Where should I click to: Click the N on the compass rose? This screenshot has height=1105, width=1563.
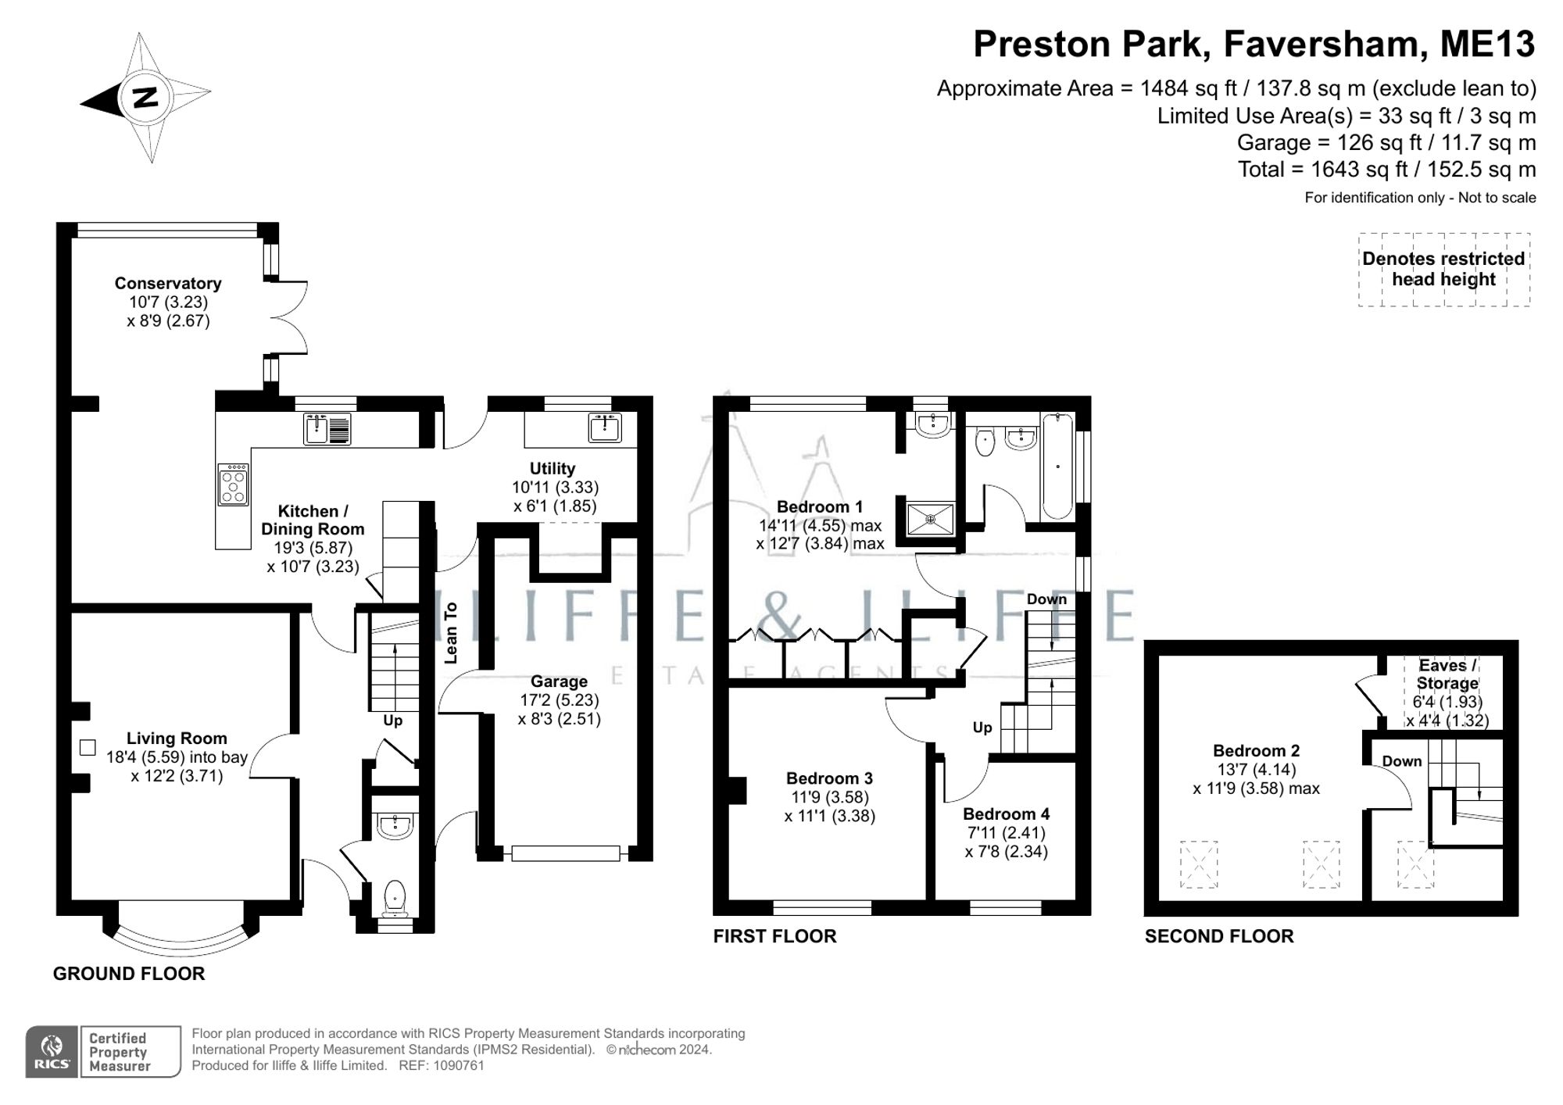pos(145,98)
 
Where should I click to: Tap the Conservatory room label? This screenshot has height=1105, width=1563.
pos(168,283)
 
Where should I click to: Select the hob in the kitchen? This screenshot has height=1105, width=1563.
pos(233,485)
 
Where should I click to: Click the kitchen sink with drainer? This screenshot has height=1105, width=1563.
pos(327,429)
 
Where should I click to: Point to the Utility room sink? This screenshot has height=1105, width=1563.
pos(606,427)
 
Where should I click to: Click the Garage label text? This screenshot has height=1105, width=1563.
pos(559,681)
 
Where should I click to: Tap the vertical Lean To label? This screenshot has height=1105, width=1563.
pos(451,633)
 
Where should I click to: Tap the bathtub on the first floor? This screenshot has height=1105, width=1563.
pos(1057,467)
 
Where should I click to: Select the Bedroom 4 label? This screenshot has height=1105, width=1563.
pos(1006,814)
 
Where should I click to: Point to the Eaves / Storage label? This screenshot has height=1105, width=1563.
pos(1447,674)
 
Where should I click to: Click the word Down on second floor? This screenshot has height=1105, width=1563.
pos(1401,761)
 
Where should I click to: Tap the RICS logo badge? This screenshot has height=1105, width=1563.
pos(52,1052)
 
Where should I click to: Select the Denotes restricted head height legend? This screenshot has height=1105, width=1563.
pos(1443,269)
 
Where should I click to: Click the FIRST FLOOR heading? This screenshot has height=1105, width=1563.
pos(774,936)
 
